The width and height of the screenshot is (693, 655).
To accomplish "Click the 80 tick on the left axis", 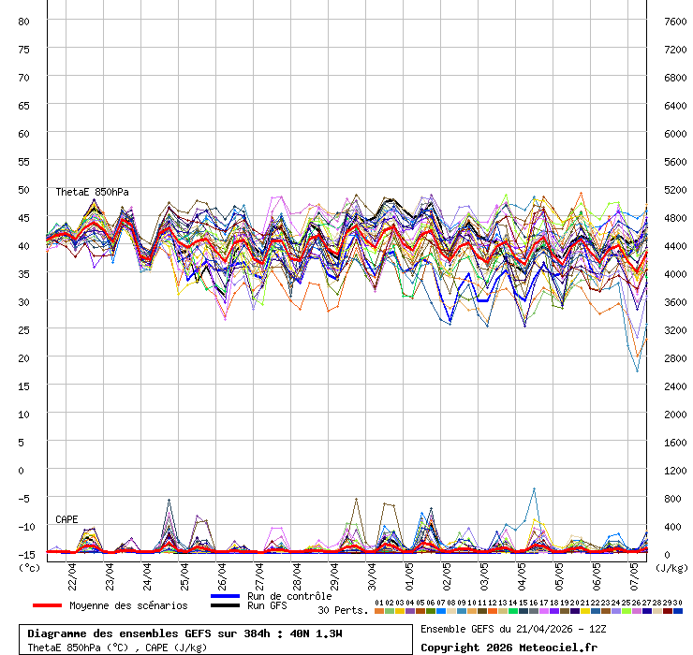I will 24,21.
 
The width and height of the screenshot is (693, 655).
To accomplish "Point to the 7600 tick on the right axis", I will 674,21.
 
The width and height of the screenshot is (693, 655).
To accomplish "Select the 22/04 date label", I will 73,570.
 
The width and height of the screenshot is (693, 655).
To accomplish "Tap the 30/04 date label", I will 373,570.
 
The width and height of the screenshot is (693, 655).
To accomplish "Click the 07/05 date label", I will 635,570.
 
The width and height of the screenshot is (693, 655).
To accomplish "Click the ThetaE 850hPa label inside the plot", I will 91,192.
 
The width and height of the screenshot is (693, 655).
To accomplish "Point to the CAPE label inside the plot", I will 66,519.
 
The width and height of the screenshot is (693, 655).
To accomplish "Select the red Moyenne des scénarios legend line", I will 47,605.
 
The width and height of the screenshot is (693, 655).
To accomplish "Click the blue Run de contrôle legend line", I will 226,596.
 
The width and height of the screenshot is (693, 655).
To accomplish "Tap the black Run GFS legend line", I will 226,606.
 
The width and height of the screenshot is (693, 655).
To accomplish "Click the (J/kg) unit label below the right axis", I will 671,567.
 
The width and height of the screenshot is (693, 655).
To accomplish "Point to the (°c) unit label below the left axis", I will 30,567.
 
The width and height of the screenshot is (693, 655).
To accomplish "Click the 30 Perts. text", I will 342,610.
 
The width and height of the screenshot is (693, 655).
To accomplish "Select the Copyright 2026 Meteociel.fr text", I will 509,647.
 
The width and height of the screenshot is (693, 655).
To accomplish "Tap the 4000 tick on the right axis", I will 674,273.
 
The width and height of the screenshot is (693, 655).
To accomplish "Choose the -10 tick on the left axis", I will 22,526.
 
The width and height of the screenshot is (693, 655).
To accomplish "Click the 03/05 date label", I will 485,570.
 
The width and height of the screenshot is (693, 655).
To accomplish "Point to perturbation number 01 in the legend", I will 378,603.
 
